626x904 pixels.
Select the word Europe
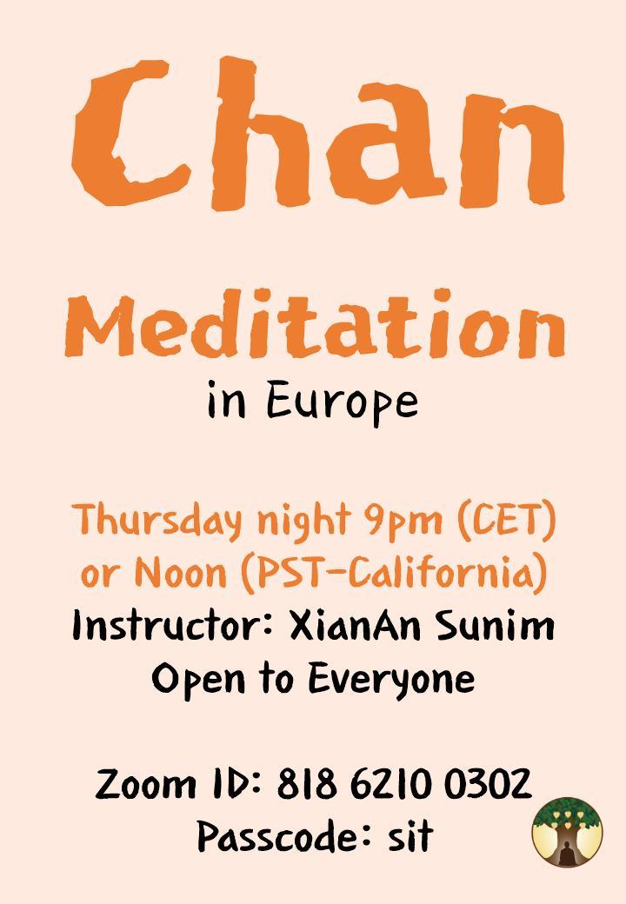(x=341, y=402)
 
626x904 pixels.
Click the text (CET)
(x=503, y=522)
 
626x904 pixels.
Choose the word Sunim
(x=506, y=625)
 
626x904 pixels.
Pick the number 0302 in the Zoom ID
(x=488, y=784)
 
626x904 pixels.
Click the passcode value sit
(x=410, y=836)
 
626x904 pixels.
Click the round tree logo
(x=568, y=831)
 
